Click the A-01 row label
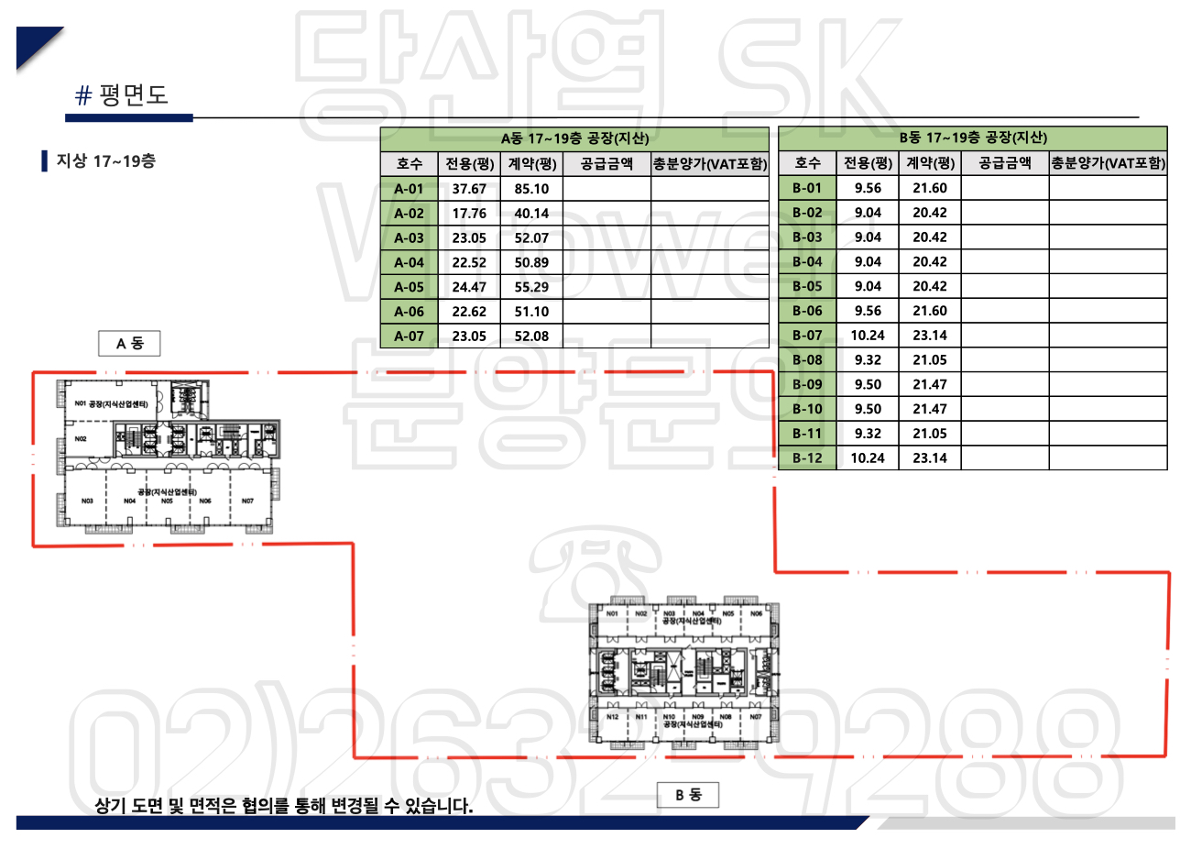tap(409, 189)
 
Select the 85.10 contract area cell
tap(531, 189)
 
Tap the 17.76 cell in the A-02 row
tap(469, 214)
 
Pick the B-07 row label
tap(807, 336)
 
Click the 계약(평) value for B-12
tap(930, 458)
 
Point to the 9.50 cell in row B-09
tap(868, 385)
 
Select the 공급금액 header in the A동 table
tap(606, 164)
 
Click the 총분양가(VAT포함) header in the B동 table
tap(1108, 163)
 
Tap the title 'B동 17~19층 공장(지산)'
tap(973, 138)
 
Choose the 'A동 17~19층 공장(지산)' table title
tap(574, 138)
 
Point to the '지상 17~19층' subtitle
tap(105, 161)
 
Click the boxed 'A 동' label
tap(129, 344)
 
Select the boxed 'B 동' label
tap(688, 795)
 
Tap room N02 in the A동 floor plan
tap(81, 439)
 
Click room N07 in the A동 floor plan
tap(247, 502)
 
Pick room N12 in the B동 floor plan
tap(612, 717)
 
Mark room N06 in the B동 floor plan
tap(756, 613)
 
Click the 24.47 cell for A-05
tap(469, 287)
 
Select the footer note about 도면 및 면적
tap(284, 806)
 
